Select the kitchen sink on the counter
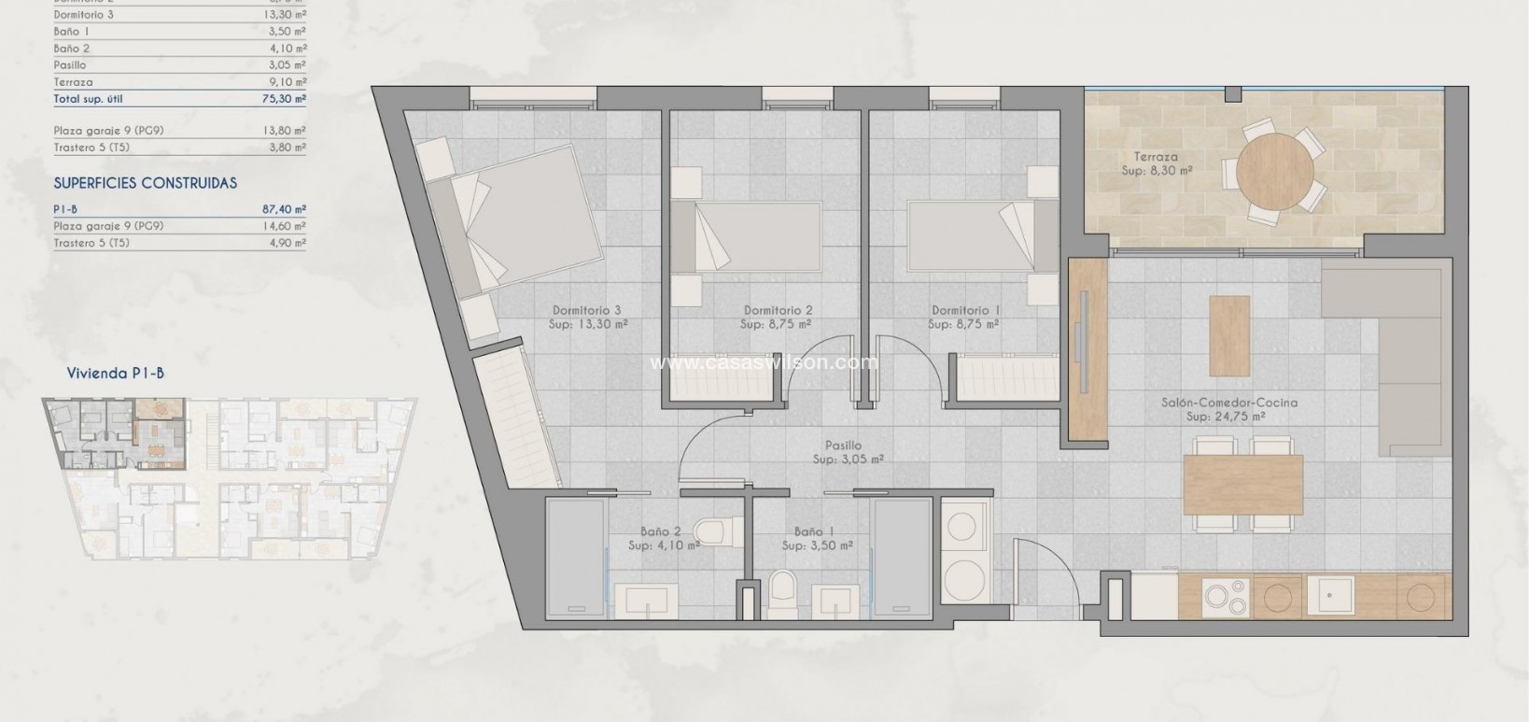(1329, 595)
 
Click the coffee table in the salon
(1228, 335)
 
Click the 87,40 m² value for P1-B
(284, 210)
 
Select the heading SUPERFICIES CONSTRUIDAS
(145, 183)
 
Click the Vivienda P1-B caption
(115, 373)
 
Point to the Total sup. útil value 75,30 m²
(284, 99)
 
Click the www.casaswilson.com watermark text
(764, 363)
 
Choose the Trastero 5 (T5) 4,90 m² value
(284, 243)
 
